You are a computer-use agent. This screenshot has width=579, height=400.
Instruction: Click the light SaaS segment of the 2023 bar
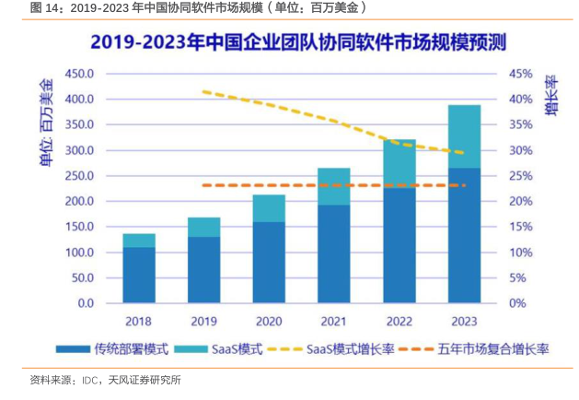[x=464, y=136]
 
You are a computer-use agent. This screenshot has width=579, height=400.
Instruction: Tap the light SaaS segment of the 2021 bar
[x=334, y=186]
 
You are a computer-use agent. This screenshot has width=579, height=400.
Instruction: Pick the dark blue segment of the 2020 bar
[x=269, y=262]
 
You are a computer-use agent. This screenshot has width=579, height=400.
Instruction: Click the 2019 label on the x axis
[x=203, y=322]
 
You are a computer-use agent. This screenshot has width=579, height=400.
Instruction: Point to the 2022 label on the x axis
[x=399, y=322]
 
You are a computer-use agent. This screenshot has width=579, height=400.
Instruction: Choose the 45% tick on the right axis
[x=521, y=74]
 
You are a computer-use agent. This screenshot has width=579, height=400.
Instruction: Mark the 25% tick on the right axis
[x=521, y=176]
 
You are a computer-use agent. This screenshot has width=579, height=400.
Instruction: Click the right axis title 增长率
[x=550, y=97]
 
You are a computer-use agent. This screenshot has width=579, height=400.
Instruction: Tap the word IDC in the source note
[x=90, y=379]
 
